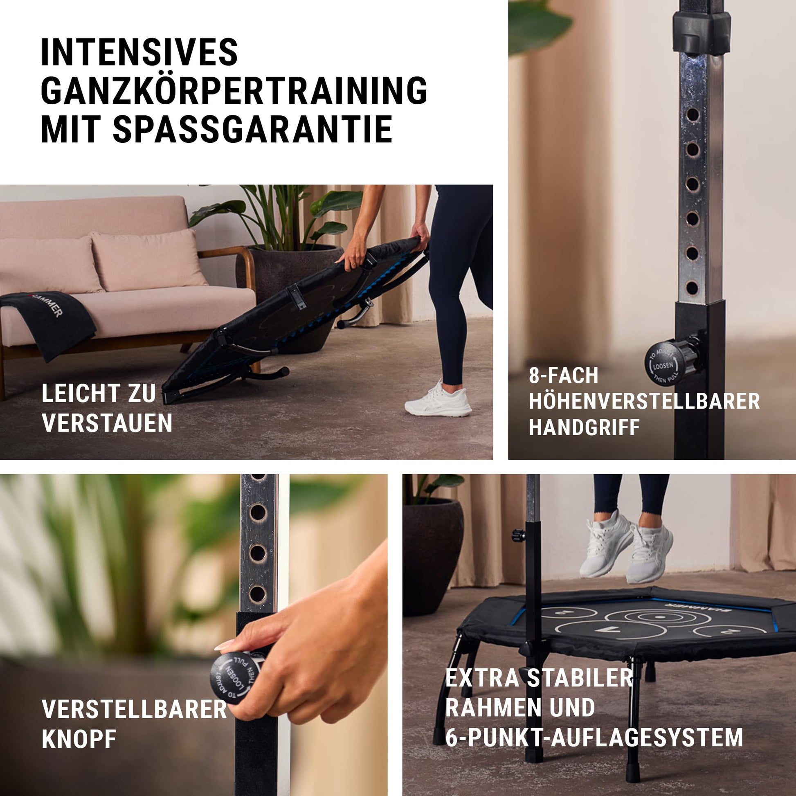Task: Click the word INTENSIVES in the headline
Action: click(139, 52)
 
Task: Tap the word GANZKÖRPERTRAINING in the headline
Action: click(234, 91)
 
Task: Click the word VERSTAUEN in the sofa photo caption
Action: click(107, 423)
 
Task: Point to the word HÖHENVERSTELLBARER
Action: click(644, 401)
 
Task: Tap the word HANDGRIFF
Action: click(584, 427)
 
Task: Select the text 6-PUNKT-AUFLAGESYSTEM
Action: click(594, 737)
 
